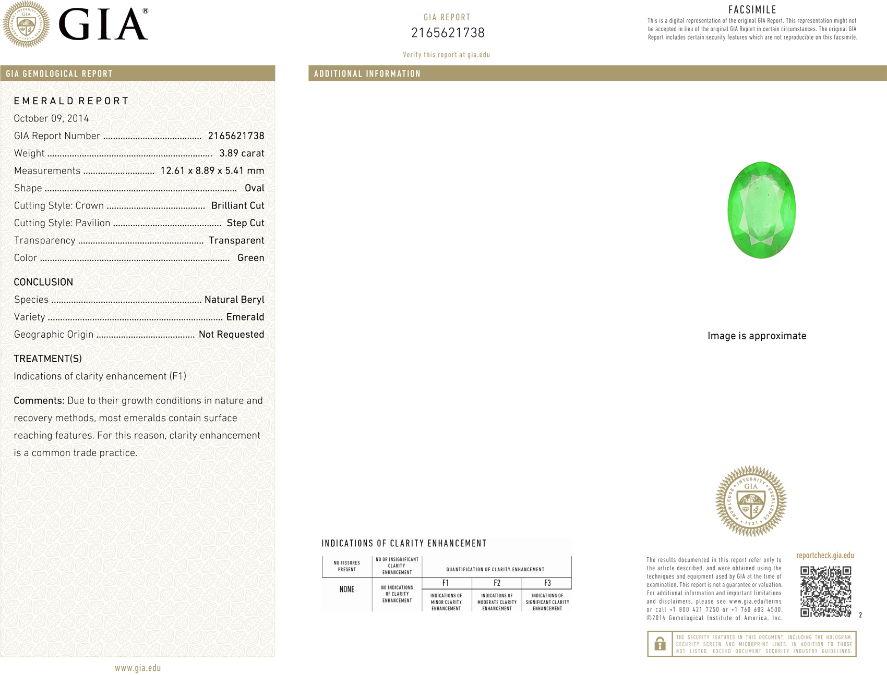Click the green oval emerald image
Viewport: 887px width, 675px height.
761,210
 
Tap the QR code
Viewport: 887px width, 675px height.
825,591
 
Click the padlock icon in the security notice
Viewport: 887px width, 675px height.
660,644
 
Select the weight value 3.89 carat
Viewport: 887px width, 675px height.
242,153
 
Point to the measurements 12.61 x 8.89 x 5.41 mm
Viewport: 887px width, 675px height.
212,170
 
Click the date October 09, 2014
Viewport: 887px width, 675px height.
51,118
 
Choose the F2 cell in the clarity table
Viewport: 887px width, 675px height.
497,583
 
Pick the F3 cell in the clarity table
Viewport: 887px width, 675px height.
547,583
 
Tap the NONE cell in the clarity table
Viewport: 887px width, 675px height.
347,590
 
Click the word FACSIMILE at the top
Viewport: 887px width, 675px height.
752,9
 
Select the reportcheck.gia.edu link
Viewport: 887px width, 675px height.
825,555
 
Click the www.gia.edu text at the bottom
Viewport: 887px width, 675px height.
138,668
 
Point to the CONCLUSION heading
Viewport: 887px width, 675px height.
43,282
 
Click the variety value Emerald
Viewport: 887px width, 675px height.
245,317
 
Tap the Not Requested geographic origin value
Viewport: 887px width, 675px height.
231,334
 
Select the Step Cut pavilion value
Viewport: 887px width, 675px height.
245,223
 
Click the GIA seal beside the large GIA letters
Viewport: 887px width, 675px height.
26,24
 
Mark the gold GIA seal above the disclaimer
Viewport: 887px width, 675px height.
751,501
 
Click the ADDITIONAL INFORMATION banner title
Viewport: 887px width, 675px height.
367,73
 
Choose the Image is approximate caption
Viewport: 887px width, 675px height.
757,336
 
